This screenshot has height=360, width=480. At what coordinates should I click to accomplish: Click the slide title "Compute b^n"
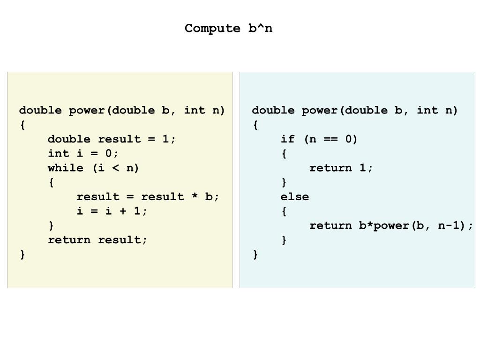pos(228,28)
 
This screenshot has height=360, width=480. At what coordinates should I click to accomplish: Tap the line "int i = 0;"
pos(83,153)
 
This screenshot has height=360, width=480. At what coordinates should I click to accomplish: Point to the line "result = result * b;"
pos(148,196)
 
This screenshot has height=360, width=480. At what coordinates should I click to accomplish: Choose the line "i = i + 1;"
pos(112,211)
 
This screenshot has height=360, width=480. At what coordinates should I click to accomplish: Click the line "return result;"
pos(97,240)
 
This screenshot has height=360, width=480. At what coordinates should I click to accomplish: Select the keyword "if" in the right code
pos(287,139)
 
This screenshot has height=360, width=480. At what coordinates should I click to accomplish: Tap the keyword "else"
pos(294,197)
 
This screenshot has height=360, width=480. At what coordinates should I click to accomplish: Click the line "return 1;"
pos(341,168)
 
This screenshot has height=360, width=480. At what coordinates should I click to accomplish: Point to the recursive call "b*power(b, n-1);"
pos(416,225)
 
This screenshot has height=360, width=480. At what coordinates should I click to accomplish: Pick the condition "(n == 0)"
pos(330,139)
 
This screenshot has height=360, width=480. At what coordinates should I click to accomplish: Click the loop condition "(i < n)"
pos(116,168)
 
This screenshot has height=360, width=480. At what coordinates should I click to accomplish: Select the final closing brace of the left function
pos(22,255)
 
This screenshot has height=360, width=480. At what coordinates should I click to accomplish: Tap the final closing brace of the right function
pos(255,255)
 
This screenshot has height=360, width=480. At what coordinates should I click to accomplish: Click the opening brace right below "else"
pos(284,211)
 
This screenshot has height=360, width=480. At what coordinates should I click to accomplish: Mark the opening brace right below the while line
pos(51,182)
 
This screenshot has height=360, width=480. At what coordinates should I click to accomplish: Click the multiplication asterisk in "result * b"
pos(195,196)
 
